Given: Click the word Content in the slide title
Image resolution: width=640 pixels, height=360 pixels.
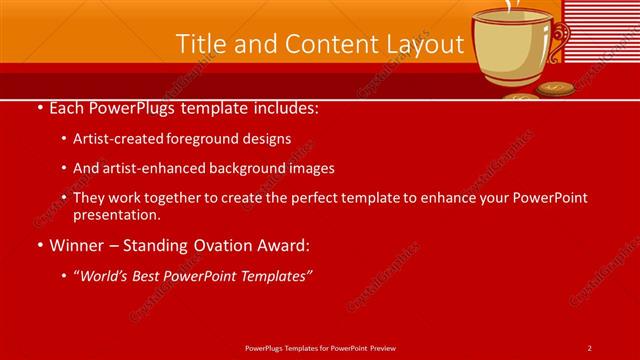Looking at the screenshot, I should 316,44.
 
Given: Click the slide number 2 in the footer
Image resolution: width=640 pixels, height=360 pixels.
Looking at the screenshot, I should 589,347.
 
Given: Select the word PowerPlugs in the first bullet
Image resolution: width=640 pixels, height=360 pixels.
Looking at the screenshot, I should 129,108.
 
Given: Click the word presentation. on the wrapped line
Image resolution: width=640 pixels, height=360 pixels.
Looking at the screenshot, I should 117,214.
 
